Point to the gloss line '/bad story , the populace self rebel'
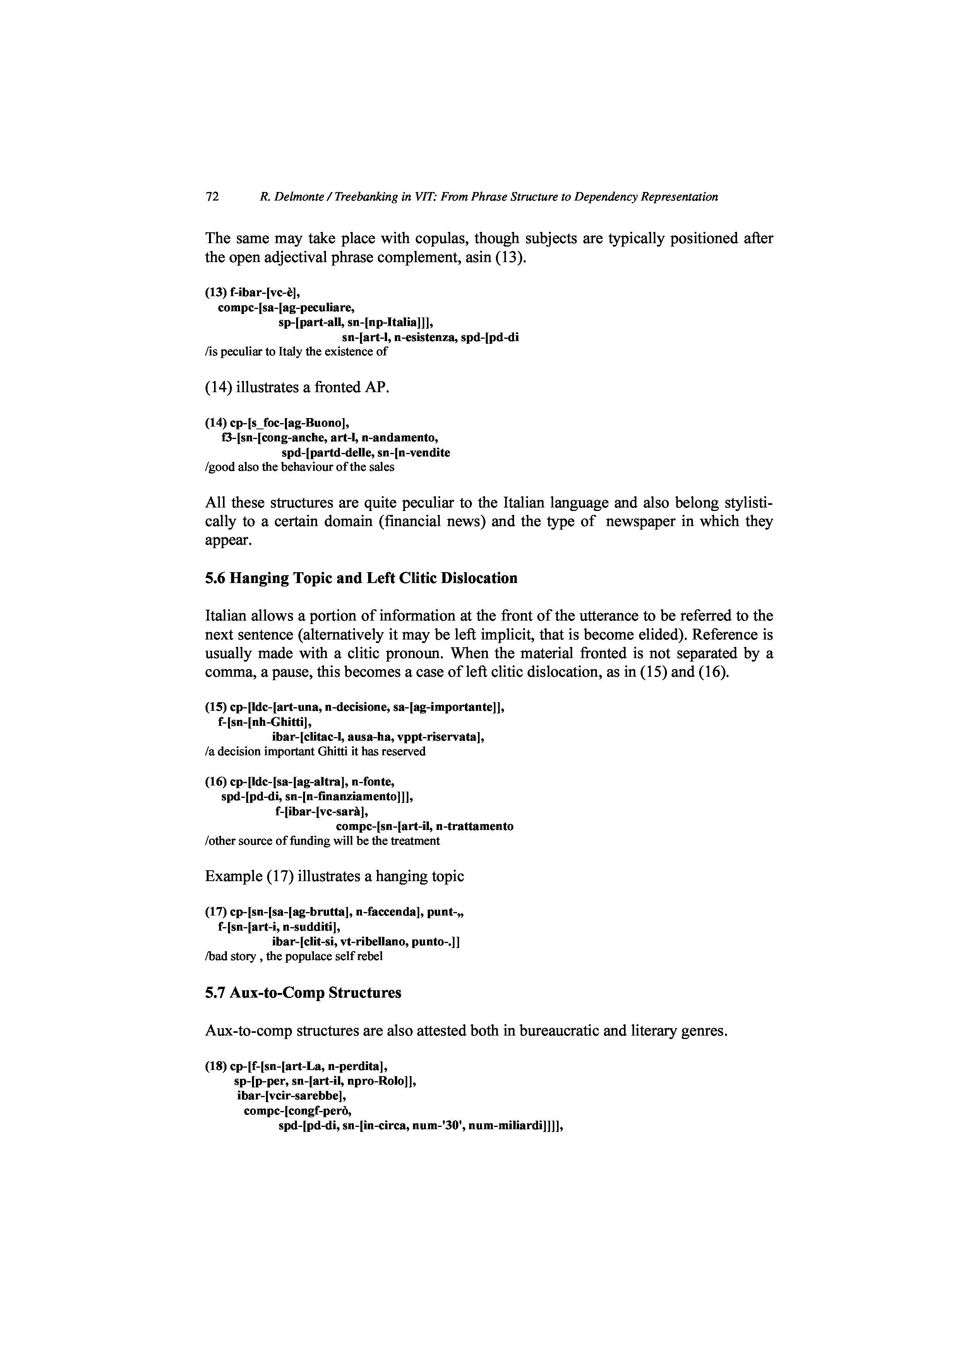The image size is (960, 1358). [293, 957]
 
